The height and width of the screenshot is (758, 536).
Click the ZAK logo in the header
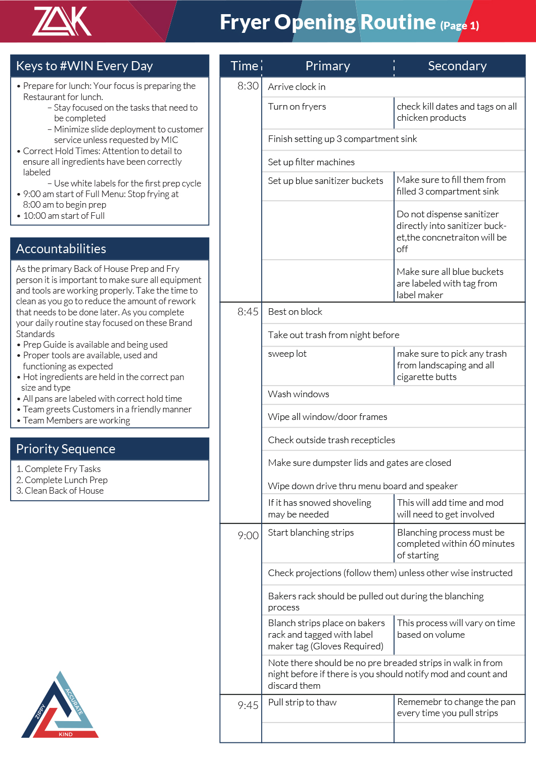pos(62,21)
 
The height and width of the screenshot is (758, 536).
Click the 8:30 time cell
pos(248,86)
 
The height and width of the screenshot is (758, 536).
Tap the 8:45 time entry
pos(248,312)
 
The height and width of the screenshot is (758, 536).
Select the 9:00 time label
pos(248,536)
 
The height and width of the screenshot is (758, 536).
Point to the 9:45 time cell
pos(248,705)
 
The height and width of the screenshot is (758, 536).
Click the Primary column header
pos(327,66)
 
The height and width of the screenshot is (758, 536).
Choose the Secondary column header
pos(457,66)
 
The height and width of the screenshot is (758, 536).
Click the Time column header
pos(245,66)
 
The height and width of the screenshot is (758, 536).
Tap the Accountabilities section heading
pos(61,249)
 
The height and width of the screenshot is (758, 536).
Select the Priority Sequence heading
pos(66,449)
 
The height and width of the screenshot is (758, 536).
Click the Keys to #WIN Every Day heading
pos(84,66)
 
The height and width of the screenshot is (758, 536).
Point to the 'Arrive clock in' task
pos(297,87)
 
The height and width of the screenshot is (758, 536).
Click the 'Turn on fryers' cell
pos(297,107)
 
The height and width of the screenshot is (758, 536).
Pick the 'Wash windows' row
pos(299,394)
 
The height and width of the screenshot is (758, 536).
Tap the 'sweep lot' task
pos(287,354)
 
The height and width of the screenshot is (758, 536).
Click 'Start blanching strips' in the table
pos(311,533)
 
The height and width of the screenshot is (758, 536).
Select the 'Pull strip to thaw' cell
pos(302,702)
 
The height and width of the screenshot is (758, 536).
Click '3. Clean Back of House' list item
pos(60,491)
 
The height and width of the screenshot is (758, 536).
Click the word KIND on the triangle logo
pos(66,734)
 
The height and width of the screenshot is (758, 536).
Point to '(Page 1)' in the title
pos(459,26)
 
